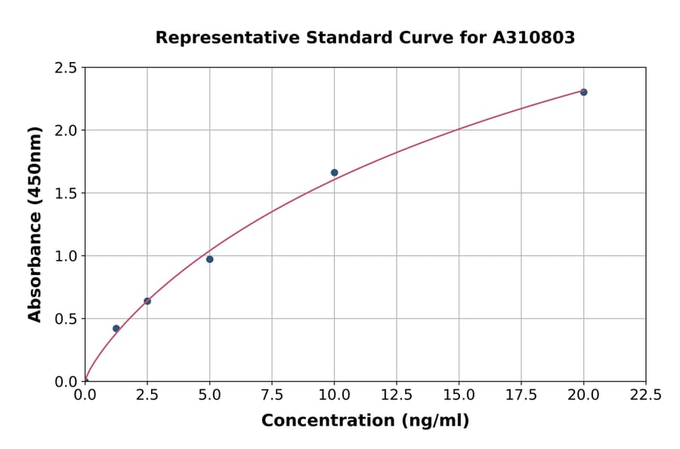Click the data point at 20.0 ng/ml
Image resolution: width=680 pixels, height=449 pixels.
click(x=583, y=92)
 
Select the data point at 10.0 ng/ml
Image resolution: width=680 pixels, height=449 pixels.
click(x=334, y=172)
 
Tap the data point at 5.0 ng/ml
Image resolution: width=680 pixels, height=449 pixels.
click(x=209, y=259)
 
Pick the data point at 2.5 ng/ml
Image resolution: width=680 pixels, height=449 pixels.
click(x=147, y=301)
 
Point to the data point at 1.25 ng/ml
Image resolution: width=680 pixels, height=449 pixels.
click(x=116, y=328)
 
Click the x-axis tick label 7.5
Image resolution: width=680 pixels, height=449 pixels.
click(x=272, y=395)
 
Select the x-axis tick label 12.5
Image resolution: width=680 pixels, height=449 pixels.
click(x=397, y=395)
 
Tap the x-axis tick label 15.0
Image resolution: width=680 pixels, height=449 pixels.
click(x=459, y=395)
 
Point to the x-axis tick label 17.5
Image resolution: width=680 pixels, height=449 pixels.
click(x=521, y=395)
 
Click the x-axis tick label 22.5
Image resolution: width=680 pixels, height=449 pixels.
click(x=646, y=395)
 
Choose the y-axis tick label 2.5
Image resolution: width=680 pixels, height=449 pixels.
click(x=66, y=68)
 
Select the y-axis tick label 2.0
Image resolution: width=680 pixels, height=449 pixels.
click(x=66, y=131)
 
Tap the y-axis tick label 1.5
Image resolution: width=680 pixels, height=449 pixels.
click(x=66, y=194)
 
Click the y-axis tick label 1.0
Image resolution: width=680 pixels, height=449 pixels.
click(x=66, y=256)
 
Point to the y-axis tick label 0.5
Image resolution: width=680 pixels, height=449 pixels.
click(x=66, y=319)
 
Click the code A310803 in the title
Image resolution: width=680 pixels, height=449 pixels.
click(x=534, y=37)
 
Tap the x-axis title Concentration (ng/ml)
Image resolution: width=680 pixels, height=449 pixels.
click(x=365, y=421)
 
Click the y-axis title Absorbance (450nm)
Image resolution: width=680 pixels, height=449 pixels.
click(x=35, y=224)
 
